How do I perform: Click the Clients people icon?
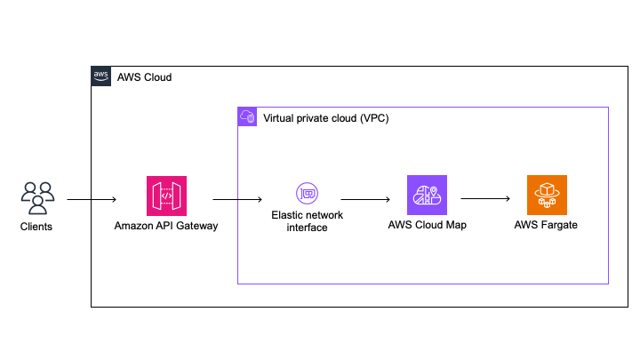tap(36, 196)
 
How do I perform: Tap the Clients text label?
tap(36, 227)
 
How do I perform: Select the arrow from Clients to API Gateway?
tap(91, 200)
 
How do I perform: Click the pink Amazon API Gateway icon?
tap(166, 196)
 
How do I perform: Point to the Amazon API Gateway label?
tap(166, 226)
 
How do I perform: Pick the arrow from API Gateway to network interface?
tap(236, 200)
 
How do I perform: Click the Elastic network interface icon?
tap(307, 193)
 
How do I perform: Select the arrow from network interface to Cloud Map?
tap(366, 200)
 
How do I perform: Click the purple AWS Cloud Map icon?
tap(427, 196)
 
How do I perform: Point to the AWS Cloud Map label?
tap(427, 225)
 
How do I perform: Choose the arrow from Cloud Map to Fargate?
tap(484, 200)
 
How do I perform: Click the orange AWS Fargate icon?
tap(546, 196)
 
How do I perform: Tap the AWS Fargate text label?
tap(546, 225)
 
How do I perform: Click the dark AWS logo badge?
tap(101, 76)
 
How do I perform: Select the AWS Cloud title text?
tap(144, 77)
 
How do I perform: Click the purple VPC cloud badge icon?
tap(248, 116)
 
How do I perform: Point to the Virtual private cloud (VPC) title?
tap(325, 117)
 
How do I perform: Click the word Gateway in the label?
tap(196, 226)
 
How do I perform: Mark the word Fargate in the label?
tap(560, 225)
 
